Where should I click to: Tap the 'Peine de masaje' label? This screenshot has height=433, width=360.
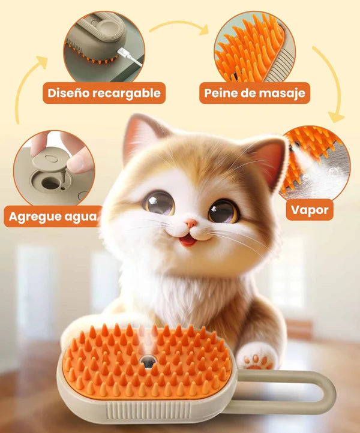[254, 93]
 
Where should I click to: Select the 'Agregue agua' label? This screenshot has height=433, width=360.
[53, 216]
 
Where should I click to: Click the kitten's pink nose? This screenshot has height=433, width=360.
[190, 224]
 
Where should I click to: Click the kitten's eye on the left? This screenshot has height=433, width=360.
[159, 202]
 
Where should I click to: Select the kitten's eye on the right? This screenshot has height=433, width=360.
[223, 211]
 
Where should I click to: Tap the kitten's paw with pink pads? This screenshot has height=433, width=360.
[256, 358]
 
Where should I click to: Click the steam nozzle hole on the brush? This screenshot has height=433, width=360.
[147, 361]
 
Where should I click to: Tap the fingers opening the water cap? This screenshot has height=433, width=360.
[66, 150]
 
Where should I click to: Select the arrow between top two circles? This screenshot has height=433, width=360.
[178, 27]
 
